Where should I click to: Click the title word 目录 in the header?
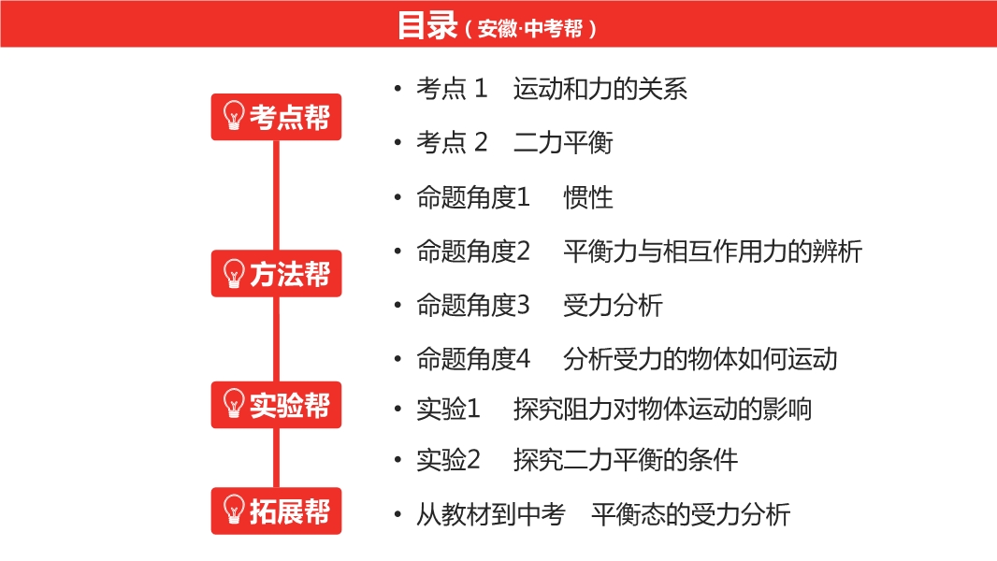click(427, 25)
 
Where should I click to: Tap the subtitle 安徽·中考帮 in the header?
click(529, 29)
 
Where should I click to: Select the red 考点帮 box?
click(276, 117)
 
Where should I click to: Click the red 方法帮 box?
click(276, 274)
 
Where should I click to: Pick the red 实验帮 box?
click(276, 406)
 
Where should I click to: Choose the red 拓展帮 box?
click(276, 511)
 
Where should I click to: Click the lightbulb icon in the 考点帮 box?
click(234, 116)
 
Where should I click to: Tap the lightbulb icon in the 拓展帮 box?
click(234, 510)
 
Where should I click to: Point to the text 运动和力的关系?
click(600, 88)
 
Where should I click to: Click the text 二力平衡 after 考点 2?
click(563, 142)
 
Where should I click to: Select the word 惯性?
click(588, 197)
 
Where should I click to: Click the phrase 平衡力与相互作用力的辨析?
click(713, 252)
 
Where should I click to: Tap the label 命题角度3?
click(473, 305)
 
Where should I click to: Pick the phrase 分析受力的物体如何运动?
click(701, 359)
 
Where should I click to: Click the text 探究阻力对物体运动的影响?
click(662, 410)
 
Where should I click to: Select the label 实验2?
click(448, 460)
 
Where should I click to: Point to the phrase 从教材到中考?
click(491, 514)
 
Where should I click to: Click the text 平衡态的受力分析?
click(690, 514)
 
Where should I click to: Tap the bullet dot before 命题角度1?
click(398, 197)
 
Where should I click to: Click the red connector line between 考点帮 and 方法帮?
click(276, 195)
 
